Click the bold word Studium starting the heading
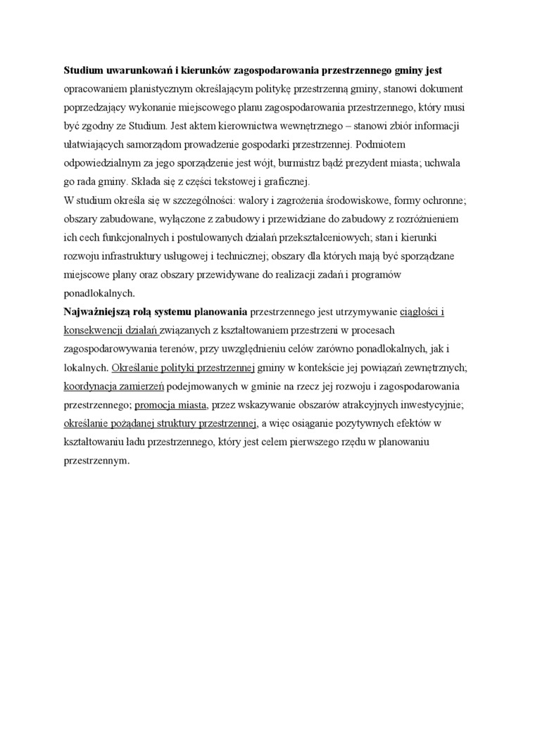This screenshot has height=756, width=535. [84, 71]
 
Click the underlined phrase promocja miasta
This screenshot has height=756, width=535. [170, 405]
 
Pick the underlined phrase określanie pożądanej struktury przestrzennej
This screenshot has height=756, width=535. [159, 423]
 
